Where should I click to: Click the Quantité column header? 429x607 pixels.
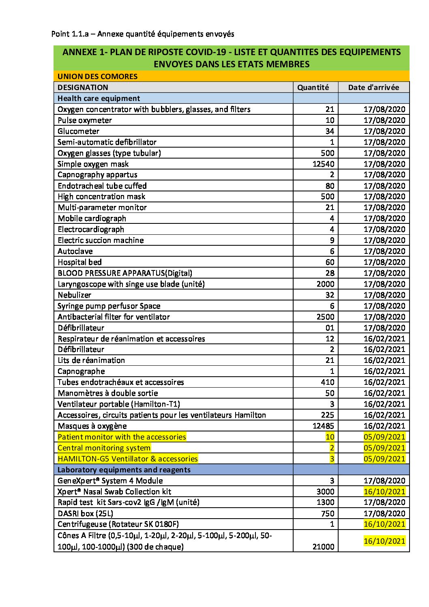coord(313,87)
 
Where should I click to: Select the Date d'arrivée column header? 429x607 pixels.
coord(373,87)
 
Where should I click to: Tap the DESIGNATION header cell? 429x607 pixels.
coord(83,87)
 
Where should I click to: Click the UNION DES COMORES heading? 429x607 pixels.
coord(97,76)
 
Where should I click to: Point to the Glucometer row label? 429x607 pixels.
coord(78,131)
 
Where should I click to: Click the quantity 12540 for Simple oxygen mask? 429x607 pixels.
coord(323,164)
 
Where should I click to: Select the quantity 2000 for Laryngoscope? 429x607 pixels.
coord(325,284)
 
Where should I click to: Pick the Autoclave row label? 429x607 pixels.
coord(75,251)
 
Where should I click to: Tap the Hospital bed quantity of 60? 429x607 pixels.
coord(330,262)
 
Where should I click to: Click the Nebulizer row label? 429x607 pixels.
coord(74,295)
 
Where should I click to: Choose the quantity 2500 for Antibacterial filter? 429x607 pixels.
coord(325,317)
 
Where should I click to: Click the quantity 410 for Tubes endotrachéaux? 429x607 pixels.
coord(327,382)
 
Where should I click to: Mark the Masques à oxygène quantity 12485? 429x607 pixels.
coord(323,426)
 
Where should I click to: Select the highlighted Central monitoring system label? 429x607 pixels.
coord(104,448)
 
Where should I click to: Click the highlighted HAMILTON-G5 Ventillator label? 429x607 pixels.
coord(128,459)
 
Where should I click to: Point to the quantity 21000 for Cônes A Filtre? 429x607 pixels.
coord(323,547)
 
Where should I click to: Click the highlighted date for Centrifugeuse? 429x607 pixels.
coord(384,524)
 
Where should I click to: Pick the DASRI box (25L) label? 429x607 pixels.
coord(85,513)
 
